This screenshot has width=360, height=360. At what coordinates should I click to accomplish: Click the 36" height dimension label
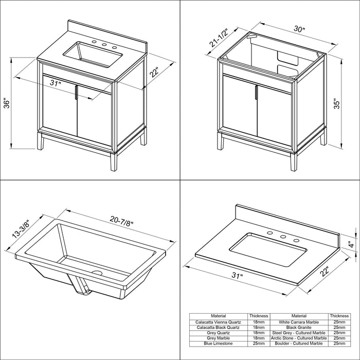(7, 104)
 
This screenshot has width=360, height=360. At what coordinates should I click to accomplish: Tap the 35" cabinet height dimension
(336, 104)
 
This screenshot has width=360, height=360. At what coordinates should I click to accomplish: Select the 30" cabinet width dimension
(299, 29)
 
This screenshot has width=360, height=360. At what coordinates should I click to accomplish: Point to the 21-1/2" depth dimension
(219, 38)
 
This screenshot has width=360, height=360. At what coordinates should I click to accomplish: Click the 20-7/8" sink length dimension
(121, 221)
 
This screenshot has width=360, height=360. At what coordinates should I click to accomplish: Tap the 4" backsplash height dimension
(351, 244)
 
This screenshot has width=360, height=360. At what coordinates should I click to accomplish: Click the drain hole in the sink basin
(97, 273)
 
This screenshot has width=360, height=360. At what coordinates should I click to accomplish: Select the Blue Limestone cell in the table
(218, 344)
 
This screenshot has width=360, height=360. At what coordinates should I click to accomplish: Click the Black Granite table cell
(299, 328)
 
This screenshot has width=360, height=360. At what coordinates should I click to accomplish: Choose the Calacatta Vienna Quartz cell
(218, 322)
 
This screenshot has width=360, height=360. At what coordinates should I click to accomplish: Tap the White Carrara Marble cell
(299, 322)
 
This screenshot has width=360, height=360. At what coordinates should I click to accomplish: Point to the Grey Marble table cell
(218, 338)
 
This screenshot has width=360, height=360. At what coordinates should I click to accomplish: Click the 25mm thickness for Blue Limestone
(259, 344)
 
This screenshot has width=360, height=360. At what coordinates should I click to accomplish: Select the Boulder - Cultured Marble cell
(299, 344)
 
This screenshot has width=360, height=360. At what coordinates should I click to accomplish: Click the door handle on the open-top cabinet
(256, 92)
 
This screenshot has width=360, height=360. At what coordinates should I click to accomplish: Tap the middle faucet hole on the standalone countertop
(283, 237)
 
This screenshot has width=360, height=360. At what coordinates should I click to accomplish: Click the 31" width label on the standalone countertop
(238, 275)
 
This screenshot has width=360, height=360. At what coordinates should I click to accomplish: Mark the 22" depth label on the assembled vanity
(154, 72)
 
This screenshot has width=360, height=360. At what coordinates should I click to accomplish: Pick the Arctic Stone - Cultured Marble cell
(299, 338)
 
